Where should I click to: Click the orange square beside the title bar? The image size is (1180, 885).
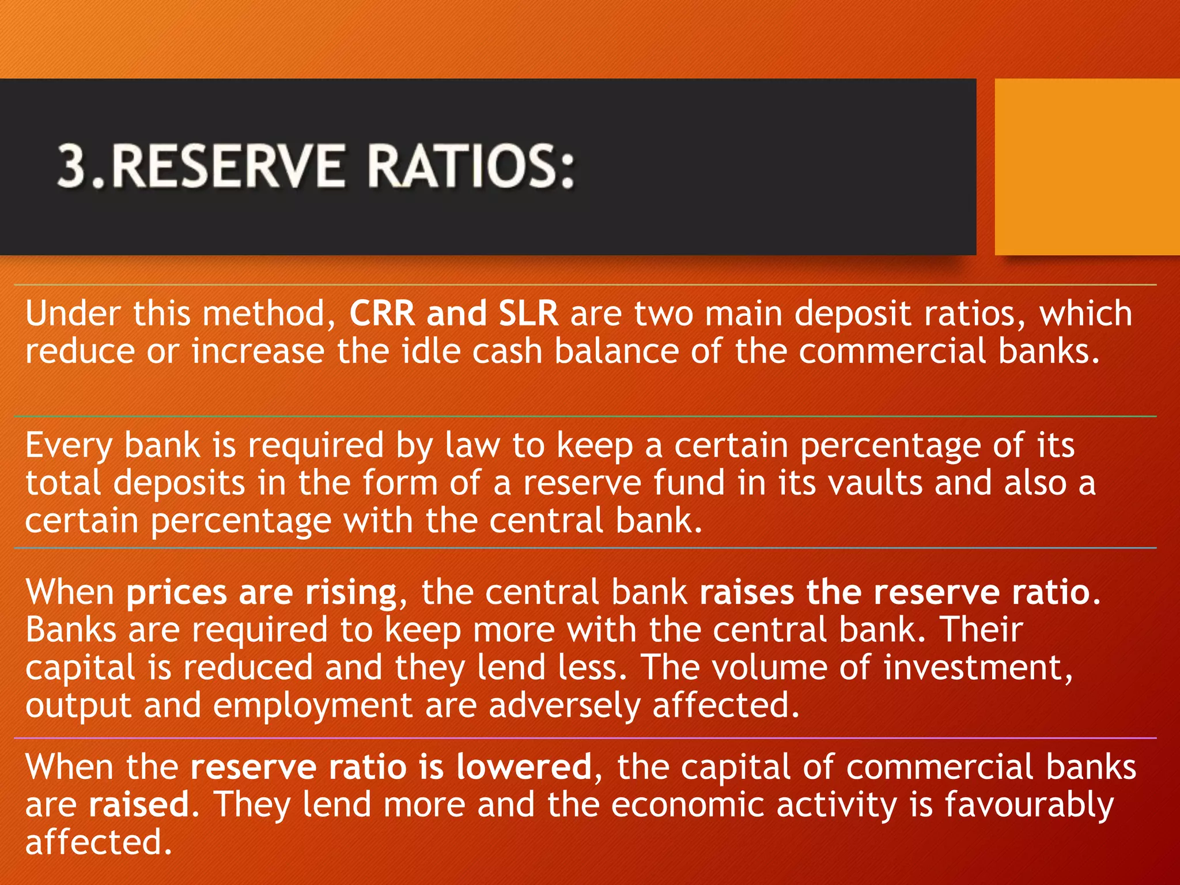[1087, 167]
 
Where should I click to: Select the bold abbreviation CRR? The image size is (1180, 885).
[382, 314]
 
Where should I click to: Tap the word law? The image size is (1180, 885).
[472, 445]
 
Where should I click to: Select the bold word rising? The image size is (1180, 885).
[351, 593]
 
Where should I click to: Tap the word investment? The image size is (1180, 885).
[977, 667]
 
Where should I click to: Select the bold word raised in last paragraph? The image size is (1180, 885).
[138, 805]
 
